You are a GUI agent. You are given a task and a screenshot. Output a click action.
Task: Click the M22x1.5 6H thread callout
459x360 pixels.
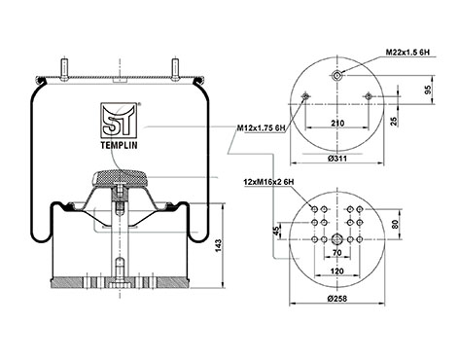(x=408, y=52)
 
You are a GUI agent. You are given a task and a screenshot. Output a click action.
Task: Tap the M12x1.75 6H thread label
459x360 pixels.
(x=261, y=128)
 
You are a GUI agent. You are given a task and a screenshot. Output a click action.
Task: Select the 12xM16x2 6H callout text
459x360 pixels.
(x=268, y=182)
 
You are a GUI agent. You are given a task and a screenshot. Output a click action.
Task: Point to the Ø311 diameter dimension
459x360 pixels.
(x=337, y=159)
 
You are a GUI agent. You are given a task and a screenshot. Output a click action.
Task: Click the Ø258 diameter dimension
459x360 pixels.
(x=337, y=299)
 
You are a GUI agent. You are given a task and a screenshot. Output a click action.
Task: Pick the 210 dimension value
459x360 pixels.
(x=337, y=123)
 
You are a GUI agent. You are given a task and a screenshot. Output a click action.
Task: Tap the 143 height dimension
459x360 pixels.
(x=218, y=246)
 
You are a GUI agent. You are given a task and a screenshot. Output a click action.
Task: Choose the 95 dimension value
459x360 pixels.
(x=429, y=90)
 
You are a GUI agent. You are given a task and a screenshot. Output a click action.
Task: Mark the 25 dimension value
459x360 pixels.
(x=394, y=122)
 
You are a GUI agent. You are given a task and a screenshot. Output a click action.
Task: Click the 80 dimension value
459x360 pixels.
(x=395, y=225)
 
